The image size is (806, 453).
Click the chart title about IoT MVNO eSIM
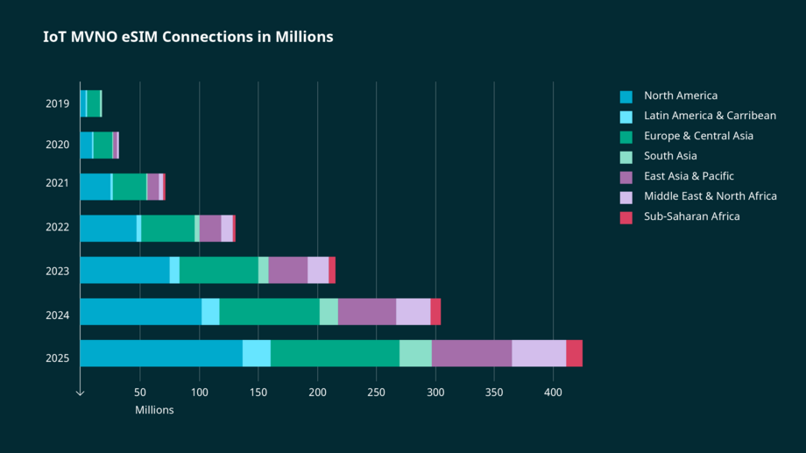point(187,37)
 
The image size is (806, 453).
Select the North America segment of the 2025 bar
point(161,353)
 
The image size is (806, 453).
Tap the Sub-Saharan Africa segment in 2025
point(574,353)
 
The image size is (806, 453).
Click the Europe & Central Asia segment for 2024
point(269,312)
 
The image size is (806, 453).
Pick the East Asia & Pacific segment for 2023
point(287,270)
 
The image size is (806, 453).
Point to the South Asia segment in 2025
point(415,353)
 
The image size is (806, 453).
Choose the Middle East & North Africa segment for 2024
point(413,312)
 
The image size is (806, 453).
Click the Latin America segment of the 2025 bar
point(257,353)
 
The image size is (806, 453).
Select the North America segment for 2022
point(108,228)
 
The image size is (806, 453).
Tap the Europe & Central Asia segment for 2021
point(130,187)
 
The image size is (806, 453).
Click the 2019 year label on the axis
point(58,104)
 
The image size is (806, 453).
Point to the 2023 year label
point(58,271)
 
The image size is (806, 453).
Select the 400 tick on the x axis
point(553,393)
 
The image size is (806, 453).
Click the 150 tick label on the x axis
point(258,393)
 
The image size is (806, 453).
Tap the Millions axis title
point(154,410)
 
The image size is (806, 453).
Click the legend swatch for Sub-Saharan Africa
point(626,217)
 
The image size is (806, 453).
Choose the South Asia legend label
point(670,156)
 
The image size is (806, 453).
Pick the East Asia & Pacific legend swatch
point(626,177)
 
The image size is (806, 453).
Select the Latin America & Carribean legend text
point(710,116)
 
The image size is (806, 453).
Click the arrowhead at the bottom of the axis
point(80,393)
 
